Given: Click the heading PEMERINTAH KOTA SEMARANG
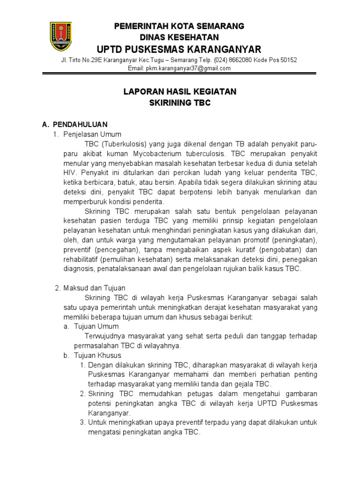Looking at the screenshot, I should [x=180, y=26].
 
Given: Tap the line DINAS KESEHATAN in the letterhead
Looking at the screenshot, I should [x=180, y=37].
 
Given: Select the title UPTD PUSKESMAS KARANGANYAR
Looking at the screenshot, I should [x=180, y=49].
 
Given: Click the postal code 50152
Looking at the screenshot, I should [x=287, y=60].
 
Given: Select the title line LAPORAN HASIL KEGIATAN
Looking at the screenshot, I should [x=180, y=92].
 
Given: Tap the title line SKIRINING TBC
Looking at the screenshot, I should [x=180, y=103].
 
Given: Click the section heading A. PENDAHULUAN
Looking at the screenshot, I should [x=75, y=124].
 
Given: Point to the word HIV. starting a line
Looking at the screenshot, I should [x=70, y=172].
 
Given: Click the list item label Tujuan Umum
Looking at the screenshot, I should [x=97, y=326].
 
